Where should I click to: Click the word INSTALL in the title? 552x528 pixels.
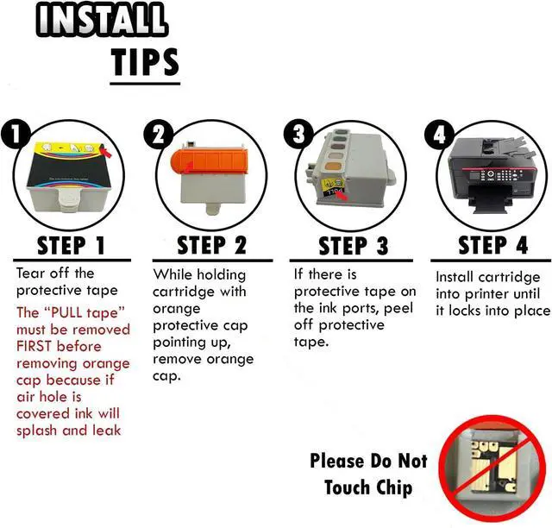point(101,19)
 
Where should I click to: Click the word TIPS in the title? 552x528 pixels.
point(145,62)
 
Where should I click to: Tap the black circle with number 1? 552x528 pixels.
point(15,135)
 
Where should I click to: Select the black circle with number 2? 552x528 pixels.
point(159,135)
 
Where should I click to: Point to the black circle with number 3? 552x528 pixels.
point(298,134)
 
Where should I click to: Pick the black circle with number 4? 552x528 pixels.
point(439,135)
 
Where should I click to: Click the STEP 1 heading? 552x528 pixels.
point(71,246)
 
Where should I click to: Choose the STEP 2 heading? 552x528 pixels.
point(211,246)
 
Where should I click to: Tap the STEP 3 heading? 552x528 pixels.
point(353,246)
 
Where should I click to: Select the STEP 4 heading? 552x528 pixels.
point(492,245)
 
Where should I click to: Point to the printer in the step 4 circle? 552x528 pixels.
point(492,174)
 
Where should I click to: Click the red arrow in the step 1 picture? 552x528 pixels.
point(105,152)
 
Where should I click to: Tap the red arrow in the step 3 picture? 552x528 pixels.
point(341,195)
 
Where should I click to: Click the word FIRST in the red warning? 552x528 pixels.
point(34,346)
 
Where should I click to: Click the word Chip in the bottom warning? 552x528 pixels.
point(394,487)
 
